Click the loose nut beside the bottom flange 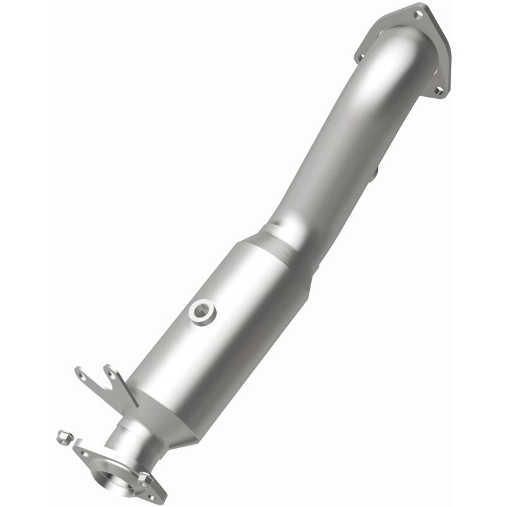[x=63, y=436]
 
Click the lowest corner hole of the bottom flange [x=151, y=497]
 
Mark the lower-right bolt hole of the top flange [x=438, y=91]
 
